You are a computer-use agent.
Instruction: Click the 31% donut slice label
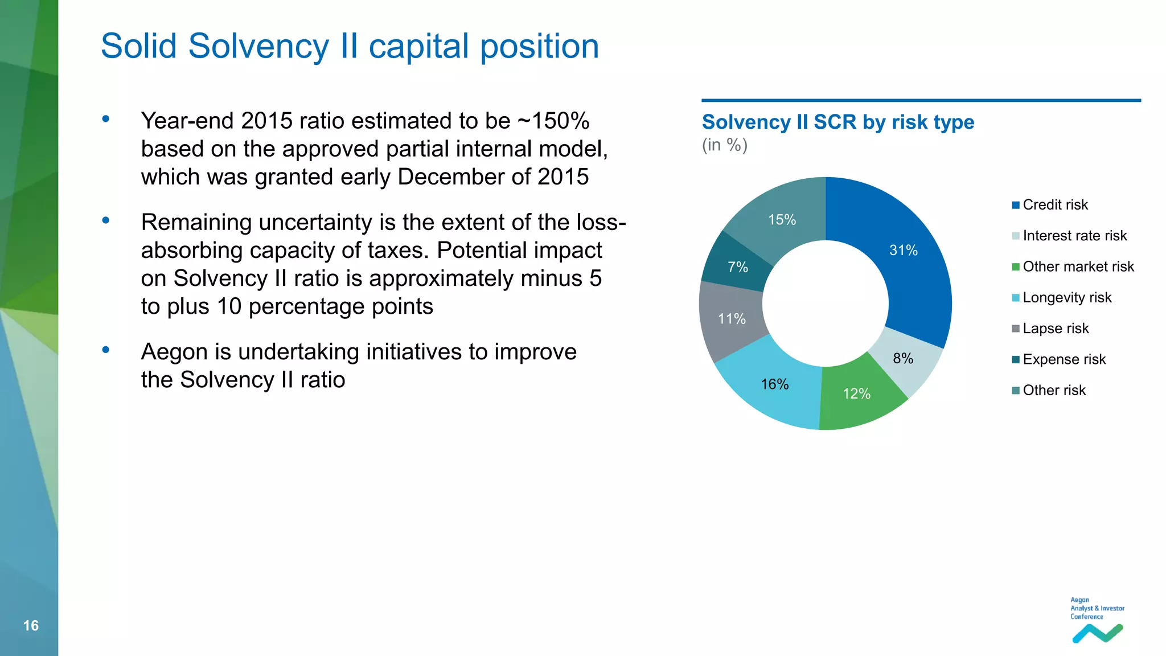(904, 251)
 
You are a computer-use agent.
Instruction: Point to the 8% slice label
(903, 359)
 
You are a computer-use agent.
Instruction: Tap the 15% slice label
(782, 220)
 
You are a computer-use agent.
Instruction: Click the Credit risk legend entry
(1054, 205)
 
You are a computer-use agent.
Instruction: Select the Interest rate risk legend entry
(1074, 236)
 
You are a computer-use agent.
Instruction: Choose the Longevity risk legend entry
(1066, 298)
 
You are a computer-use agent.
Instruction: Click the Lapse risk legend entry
(1055, 329)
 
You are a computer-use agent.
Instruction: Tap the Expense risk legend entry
(1064, 359)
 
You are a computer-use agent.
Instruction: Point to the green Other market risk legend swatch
(1016, 267)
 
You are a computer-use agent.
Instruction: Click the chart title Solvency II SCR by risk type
(837, 122)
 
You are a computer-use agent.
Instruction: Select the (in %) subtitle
(724, 145)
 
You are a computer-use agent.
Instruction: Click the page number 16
(31, 626)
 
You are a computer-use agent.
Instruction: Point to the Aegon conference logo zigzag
(1097, 633)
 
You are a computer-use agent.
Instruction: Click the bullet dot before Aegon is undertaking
(106, 350)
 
